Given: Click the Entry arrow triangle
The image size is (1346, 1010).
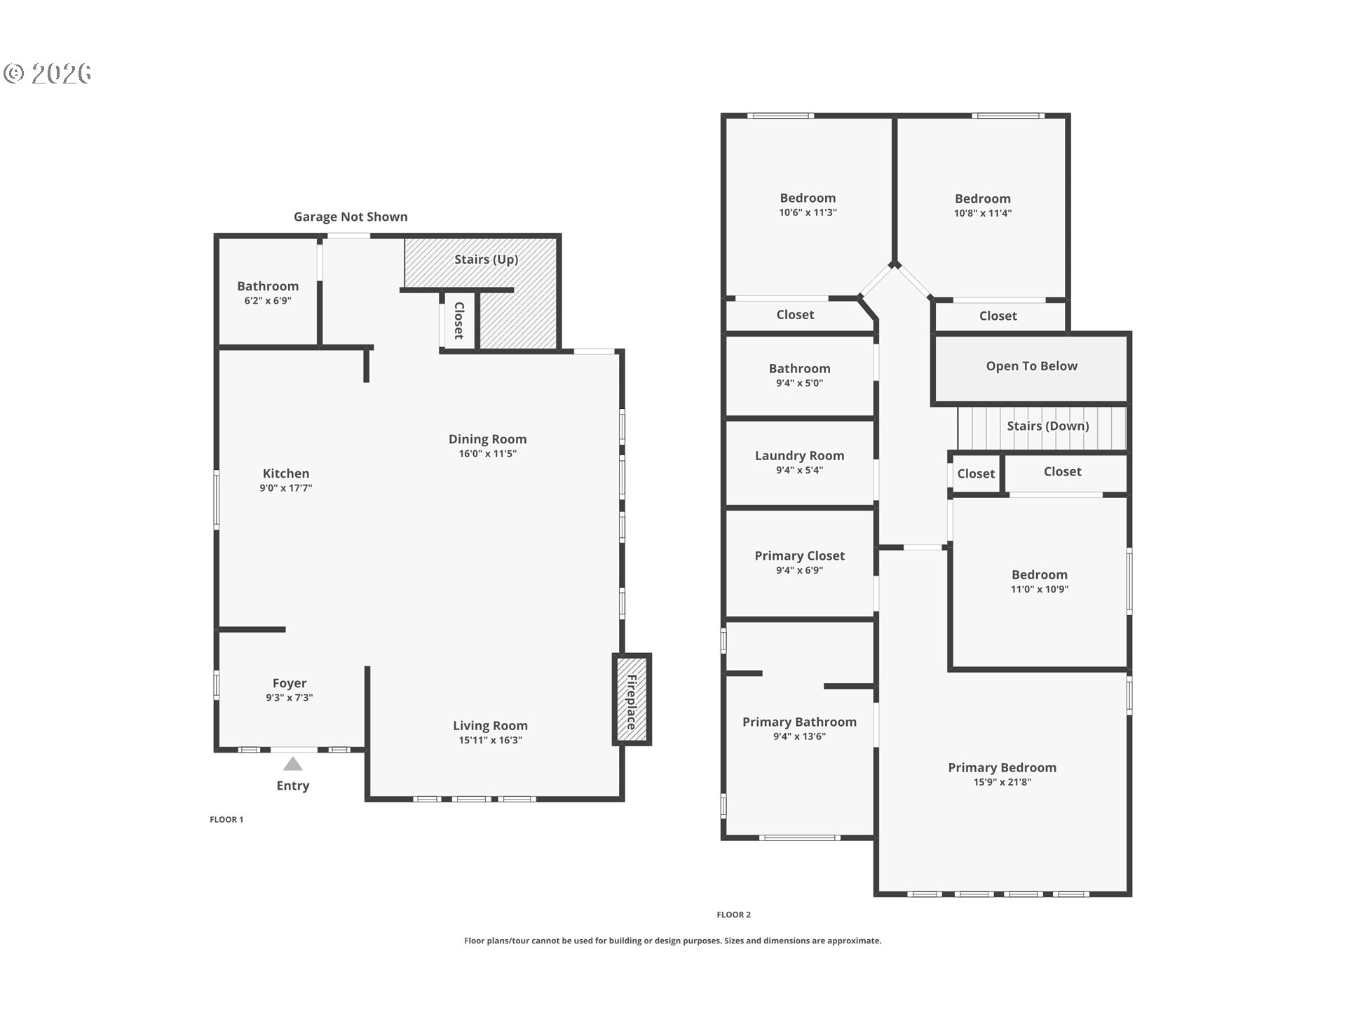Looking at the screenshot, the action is pos(293,764).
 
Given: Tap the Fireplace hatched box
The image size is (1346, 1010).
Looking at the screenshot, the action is pos(632,699).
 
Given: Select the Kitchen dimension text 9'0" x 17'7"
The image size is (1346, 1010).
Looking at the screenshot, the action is pos(286,488).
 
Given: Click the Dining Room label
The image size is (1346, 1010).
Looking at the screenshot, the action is pos(488,439).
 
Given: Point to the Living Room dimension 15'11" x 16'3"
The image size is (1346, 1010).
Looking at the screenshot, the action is pos(491,740).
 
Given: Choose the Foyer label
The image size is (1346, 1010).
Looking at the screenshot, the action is pos(290,683).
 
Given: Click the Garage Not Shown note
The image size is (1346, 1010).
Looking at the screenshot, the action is pos(351,217).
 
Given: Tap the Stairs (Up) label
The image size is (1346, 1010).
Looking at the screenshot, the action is pos(487,260).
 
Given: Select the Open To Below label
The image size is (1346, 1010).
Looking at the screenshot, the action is pos(1032,366).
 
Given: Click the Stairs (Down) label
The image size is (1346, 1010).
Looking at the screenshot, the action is pos(1048,426).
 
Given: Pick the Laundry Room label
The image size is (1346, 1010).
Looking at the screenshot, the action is pos(800,456).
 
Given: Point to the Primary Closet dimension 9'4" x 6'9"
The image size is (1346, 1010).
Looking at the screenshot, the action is pos(800,570).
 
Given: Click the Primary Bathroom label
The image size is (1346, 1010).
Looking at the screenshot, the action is pos(800,722).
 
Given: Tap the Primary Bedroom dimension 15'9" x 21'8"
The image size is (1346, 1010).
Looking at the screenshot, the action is pos(1002,782).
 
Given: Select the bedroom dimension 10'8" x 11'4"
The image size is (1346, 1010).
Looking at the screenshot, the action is pos(983,213).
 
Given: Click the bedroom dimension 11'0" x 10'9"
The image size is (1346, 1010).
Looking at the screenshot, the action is pos(1040,589).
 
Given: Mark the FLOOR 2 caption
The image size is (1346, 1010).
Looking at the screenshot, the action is pos(734,915).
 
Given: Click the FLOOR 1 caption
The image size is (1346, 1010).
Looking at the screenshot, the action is pos(226,819).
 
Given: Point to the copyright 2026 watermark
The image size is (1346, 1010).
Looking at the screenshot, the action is pos(48,74).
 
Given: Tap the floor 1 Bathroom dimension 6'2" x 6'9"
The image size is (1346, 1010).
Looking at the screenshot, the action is pos(268,301).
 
